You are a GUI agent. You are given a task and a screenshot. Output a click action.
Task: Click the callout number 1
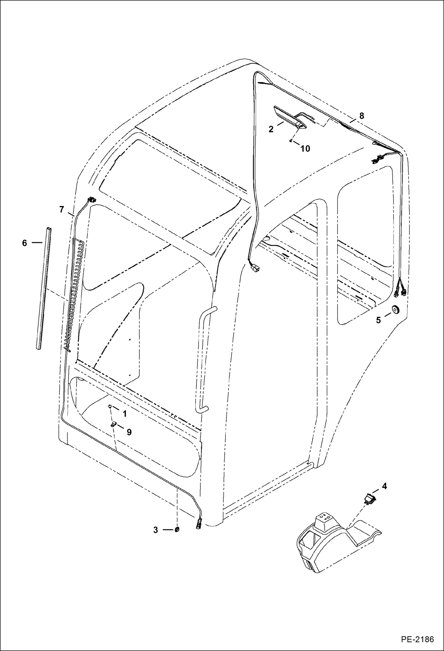pyautogui.click(x=125, y=414)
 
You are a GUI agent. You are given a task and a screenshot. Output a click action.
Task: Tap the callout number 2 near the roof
pyautogui.click(x=271, y=129)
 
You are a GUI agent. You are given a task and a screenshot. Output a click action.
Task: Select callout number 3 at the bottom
pyautogui.click(x=156, y=530)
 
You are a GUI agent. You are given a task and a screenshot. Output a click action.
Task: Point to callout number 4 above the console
pyautogui.click(x=384, y=486)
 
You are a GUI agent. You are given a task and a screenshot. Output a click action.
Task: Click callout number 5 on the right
pyautogui.click(x=378, y=320)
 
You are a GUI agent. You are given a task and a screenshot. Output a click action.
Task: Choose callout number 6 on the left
pyautogui.click(x=25, y=243)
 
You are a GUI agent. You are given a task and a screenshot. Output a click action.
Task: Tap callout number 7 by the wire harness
pyautogui.click(x=62, y=210)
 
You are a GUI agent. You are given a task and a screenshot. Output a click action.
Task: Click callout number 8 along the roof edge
pyautogui.click(x=362, y=116)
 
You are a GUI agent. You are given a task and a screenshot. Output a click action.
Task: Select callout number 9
pyautogui.click(x=129, y=432)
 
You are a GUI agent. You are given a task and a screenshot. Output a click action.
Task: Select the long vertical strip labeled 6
pyautogui.click(x=44, y=288)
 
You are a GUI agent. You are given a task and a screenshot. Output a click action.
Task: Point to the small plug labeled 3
pyautogui.click(x=177, y=530)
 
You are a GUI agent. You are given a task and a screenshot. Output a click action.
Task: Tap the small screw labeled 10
pyautogui.click(x=291, y=141)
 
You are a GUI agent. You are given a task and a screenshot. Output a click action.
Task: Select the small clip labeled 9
pyautogui.click(x=113, y=425)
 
